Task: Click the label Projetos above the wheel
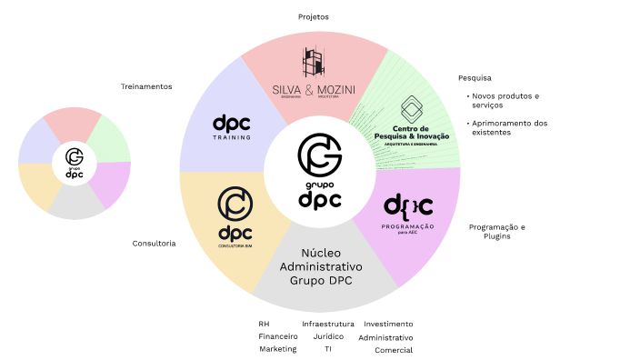coord(313,16)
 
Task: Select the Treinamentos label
coord(146,86)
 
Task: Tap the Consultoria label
coord(154,244)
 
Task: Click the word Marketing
coord(277,349)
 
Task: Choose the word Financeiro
coord(277,336)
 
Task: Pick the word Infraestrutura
coord(328,324)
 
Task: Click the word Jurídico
coord(328,336)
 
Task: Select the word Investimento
coord(388,324)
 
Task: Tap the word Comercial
coord(394,350)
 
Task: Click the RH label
coord(264,324)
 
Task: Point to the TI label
coord(328,349)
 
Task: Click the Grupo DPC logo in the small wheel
coord(75,162)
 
